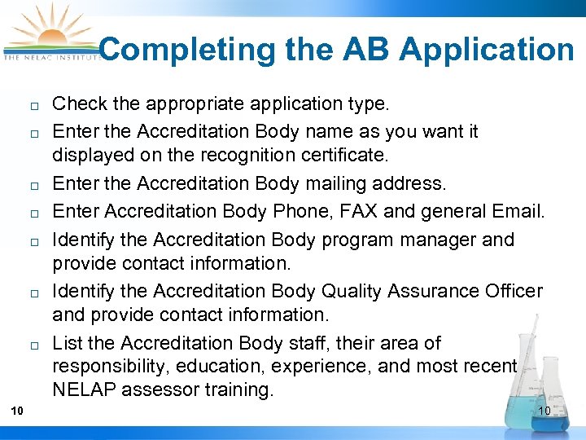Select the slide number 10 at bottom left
[x=17, y=410]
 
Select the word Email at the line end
[x=514, y=212]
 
